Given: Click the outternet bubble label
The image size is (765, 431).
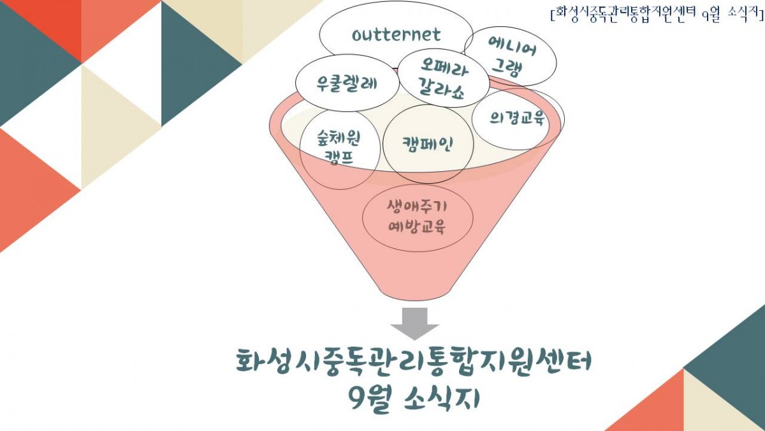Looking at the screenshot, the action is point(396,35).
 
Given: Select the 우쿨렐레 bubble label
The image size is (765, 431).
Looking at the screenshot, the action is point(347,83).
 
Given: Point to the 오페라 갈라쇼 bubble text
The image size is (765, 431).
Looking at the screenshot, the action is point(443,79).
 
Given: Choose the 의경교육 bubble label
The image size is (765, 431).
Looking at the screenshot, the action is point(517,118).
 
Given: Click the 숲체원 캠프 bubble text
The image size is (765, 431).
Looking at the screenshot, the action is point(339,147).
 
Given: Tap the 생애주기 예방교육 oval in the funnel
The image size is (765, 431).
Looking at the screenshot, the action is point(418,218).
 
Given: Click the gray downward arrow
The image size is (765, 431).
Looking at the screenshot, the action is point(414,324).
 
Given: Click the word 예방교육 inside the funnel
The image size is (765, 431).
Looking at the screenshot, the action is point(417,227).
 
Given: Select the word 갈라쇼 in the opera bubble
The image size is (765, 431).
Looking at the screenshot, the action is point(441,89).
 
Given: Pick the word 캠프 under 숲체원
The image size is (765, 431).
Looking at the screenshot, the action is point(338,158).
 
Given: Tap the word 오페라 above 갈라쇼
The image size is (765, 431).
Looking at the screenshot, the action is point(444,66).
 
